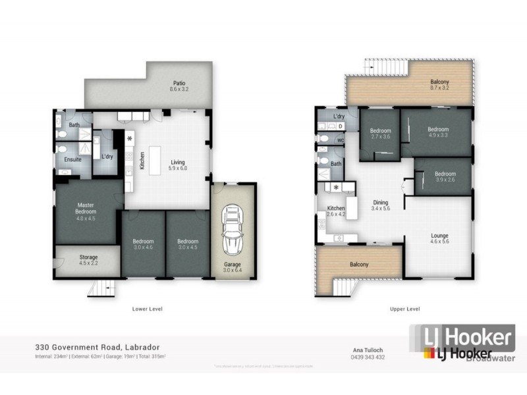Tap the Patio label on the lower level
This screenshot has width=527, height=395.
pyautogui.click(x=179, y=86)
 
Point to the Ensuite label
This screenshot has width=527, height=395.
pyautogui.click(x=72, y=159)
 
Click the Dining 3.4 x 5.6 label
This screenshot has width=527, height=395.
pyautogui.click(x=380, y=205)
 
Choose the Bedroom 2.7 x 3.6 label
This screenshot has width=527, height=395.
pyautogui.click(x=381, y=134)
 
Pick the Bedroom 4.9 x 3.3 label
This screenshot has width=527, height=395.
pyautogui.click(x=437, y=132)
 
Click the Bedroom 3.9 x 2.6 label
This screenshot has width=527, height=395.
pyautogui.click(x=445, y=176)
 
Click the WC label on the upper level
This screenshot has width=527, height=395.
pyautogui.click(x=340, y=140)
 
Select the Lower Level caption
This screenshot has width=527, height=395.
pyautogui.click(x=148, y=308)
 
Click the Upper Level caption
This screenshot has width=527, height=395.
pyautogui.click(x=405, y=308)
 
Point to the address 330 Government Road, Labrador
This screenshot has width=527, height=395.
pyautogui.click(x=97, y=347)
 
